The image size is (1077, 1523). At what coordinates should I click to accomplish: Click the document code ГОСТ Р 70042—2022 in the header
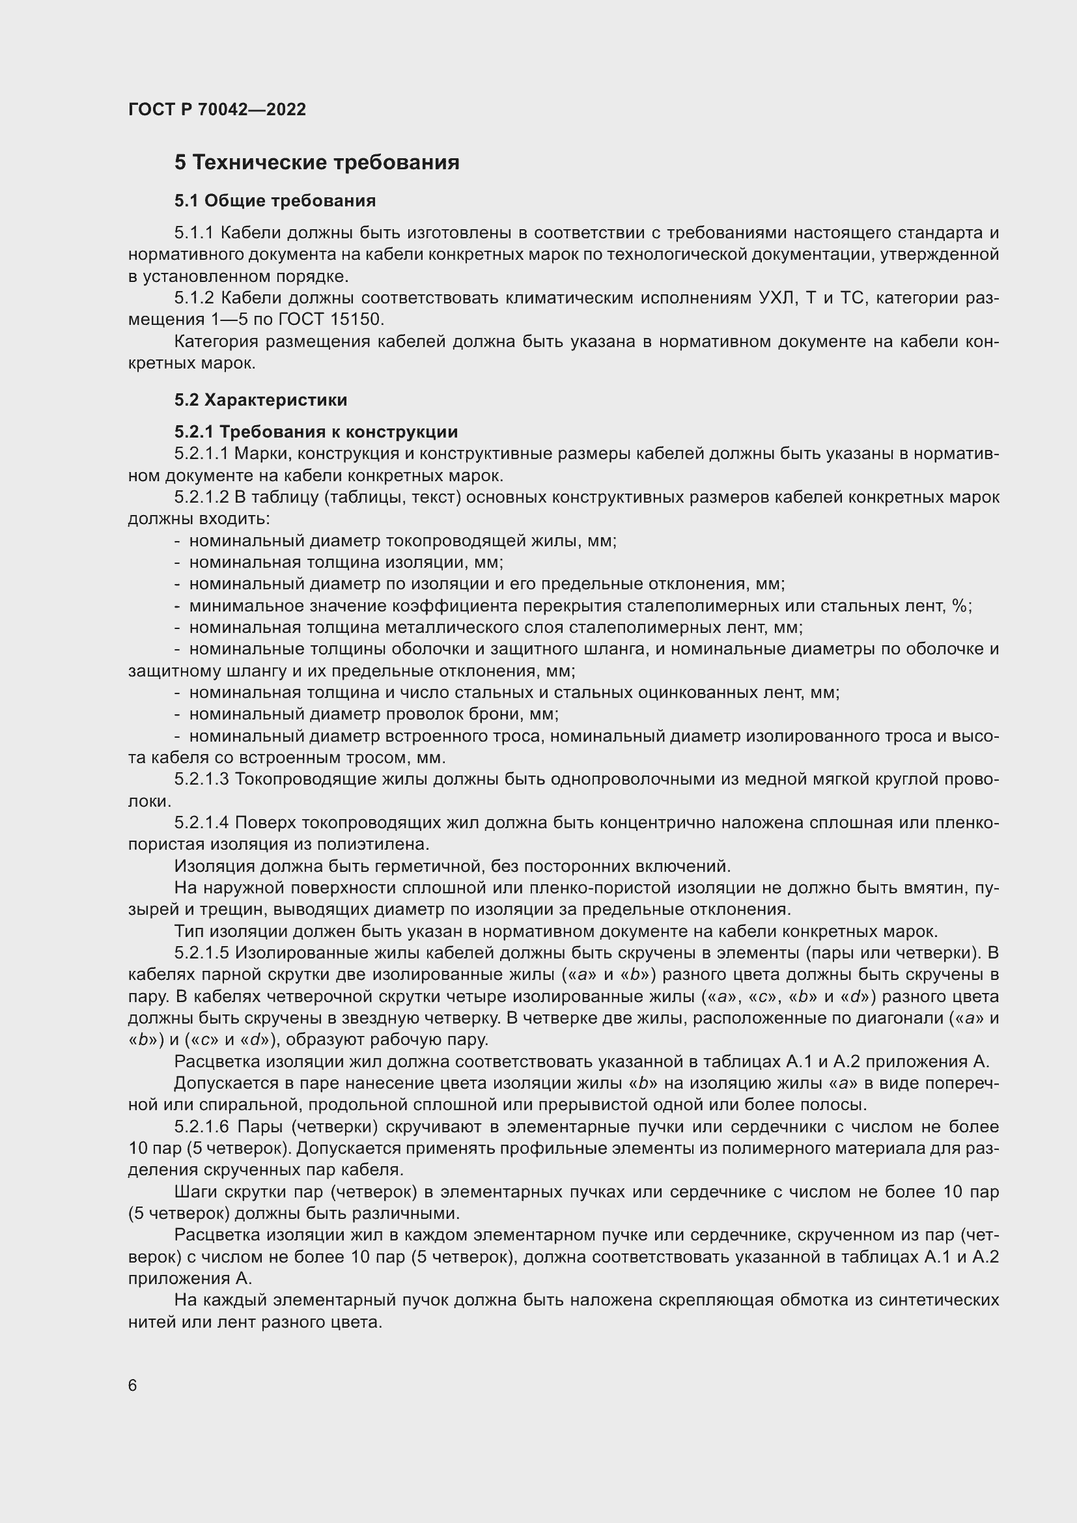point(217,109)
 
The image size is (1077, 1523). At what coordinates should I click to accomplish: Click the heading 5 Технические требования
point(317,163)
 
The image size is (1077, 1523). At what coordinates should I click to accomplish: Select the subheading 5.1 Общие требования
point(275,201)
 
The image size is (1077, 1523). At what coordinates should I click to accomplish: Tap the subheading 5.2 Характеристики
point(260,400)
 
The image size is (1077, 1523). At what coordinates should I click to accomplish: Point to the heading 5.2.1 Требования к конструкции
point(316,432)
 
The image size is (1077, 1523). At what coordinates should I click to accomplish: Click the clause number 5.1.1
point(193,233)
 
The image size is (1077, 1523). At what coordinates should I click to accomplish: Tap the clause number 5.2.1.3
point(202,779)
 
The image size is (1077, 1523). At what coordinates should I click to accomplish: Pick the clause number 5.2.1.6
point(202,1127)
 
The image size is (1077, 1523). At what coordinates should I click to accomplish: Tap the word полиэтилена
point(372,845)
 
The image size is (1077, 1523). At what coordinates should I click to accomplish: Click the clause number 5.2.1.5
point(202,953)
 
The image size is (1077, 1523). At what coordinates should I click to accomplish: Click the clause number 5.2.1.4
point(202,822)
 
